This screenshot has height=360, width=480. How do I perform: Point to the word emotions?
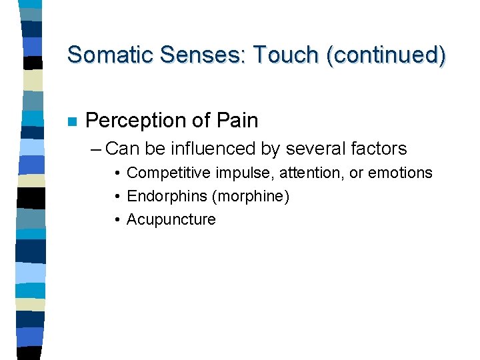click(x=400, y=173)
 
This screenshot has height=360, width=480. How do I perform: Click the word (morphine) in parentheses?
click(x=250, y=197)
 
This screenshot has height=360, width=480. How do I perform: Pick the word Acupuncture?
click(x=171, y=220)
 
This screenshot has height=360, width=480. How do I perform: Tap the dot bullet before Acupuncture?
click(x=117, y=220)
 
